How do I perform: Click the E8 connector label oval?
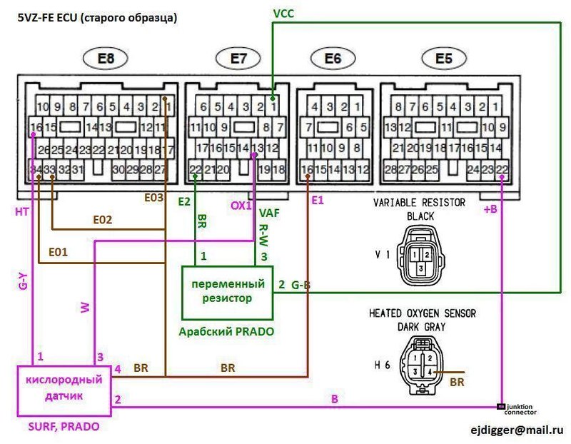point(106,59)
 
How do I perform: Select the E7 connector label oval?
point(238,59)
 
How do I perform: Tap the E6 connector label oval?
point(333,59)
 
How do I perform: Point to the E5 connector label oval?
point(443,59)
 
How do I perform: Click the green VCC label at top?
point(283,13)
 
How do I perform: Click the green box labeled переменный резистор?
point(228,291)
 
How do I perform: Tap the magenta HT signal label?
point(21,212)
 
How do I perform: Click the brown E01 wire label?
point(59,251)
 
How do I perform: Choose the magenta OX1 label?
point(239,205)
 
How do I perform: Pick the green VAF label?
point(270,213)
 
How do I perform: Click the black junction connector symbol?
point(501,406)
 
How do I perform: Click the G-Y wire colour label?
point(24,282)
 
